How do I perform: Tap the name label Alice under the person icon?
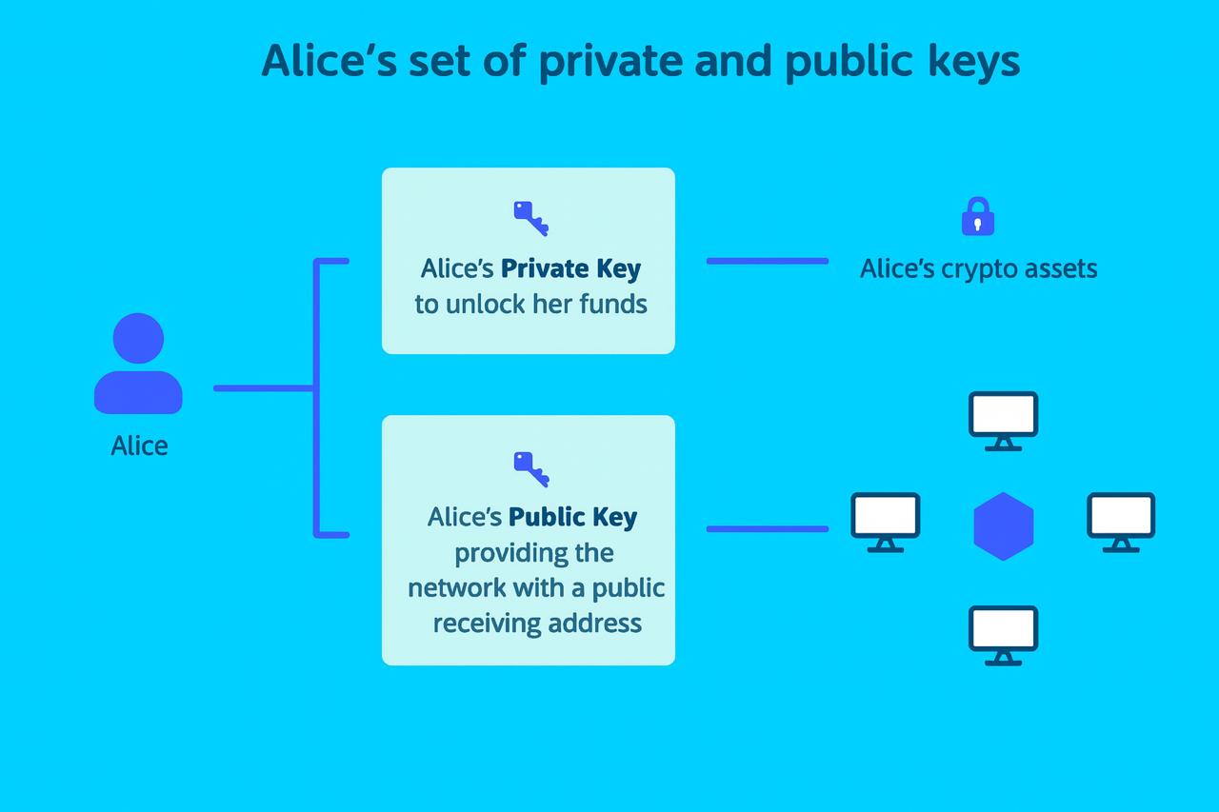click(139, 446)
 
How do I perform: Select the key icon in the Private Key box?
click(530, 218)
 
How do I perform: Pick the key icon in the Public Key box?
click(530, 467)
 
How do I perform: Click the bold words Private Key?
click(570, 268)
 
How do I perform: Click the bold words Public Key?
click(572, 517)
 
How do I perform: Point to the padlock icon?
click(978, 217)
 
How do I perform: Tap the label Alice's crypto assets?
click(978, 268)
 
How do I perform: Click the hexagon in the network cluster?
click(1003, 525)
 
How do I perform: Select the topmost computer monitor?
click(1003, 420)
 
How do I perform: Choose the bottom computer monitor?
click(1003, 634)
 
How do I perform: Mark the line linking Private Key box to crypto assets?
click(767, 261)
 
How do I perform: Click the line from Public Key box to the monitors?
click(767, 529)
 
